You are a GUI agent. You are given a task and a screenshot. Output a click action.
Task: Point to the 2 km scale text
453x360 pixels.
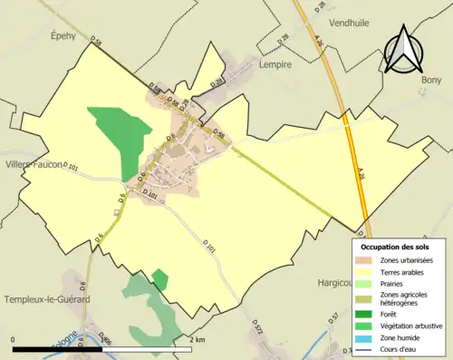point(198,339)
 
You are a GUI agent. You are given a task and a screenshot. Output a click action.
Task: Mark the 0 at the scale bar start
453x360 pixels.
point(13,339)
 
